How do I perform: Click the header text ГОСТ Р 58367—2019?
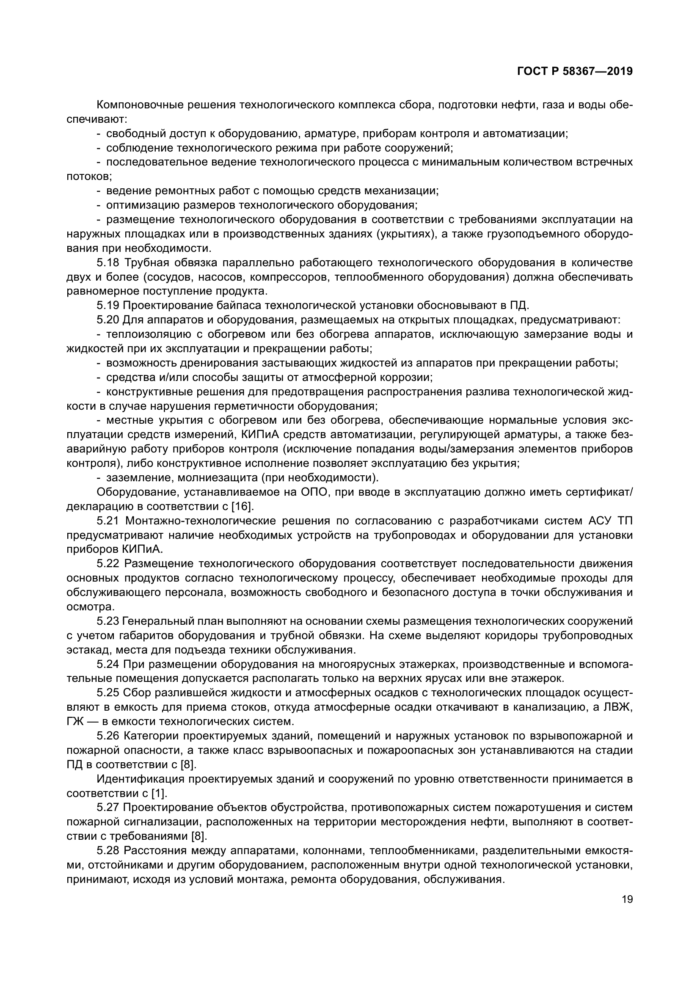coord(575,72)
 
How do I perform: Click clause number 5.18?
coord(108,262)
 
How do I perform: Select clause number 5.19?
coord(108,306)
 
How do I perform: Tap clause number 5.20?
coord(108,320)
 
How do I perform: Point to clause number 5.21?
coord(108,521)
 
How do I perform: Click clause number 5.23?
coord(108,621)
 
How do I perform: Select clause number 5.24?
coord(108,665)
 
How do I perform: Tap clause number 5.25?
coord(108,693)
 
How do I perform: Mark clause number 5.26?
coord(108,736)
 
